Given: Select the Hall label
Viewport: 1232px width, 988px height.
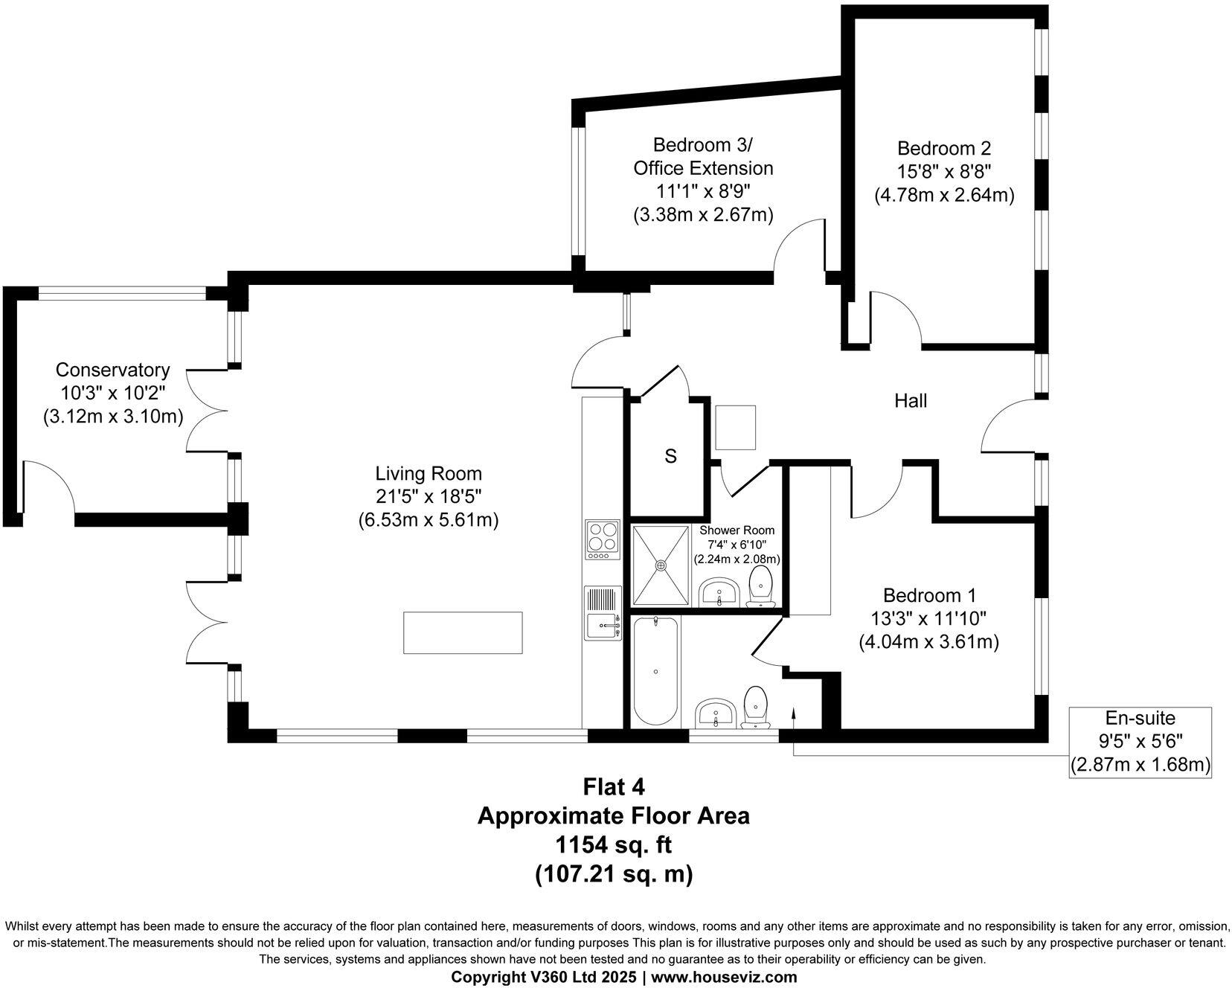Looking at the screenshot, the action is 911,401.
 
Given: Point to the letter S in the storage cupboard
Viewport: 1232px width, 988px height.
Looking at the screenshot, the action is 670,456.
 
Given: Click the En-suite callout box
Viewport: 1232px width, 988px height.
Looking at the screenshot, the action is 1140,741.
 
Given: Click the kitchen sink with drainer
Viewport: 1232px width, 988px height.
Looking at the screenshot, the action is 603,613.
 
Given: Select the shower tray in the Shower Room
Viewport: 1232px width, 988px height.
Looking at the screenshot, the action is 661,565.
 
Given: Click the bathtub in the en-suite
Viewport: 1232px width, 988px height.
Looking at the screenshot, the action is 655,671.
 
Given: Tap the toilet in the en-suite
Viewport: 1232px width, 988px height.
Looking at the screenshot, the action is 756,707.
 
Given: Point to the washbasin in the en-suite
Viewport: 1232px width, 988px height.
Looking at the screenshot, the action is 716,714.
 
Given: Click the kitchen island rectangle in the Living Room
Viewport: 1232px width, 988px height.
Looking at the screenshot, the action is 463,632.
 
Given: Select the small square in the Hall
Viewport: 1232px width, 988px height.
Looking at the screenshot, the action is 735,428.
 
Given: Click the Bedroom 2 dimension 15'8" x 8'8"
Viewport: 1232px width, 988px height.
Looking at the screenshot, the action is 943,171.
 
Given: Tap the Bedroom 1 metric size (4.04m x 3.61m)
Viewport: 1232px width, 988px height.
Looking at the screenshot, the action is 928,641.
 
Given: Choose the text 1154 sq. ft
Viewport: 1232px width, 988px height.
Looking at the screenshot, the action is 614,845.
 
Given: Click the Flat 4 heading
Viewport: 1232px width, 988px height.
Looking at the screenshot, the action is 614,786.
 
